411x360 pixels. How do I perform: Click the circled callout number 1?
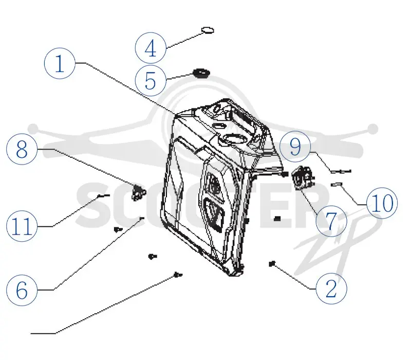(x=60, y=63)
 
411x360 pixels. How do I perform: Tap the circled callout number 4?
(x=151, y=48)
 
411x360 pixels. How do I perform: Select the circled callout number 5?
(x=151, y=81)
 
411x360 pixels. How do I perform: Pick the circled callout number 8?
(x=22, y=149)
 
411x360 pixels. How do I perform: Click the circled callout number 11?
(x=22, y=226)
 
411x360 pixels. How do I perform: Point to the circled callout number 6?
(x=22, y=290)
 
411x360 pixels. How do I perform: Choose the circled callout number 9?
(x=295, y=147)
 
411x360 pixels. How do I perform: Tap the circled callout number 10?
(x=382, y=203)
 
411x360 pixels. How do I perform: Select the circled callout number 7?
(x=331, y=221)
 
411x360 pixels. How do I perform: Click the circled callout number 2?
(x=331, y=289)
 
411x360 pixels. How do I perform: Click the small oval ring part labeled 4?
(x=208, y=30)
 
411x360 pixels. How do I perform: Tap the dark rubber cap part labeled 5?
(x=201, y=73)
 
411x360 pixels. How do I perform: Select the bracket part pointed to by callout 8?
(x=138, y=192)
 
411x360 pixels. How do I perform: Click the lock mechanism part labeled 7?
(x=303, y=178)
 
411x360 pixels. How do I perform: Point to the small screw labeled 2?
(x=272, y=263)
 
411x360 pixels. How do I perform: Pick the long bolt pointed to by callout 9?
(x=341, y=172)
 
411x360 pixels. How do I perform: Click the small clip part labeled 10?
(x=337, y=185)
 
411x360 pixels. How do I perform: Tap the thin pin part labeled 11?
(x=104, y=195)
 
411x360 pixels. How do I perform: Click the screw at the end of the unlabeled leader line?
(x=178, y=275)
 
